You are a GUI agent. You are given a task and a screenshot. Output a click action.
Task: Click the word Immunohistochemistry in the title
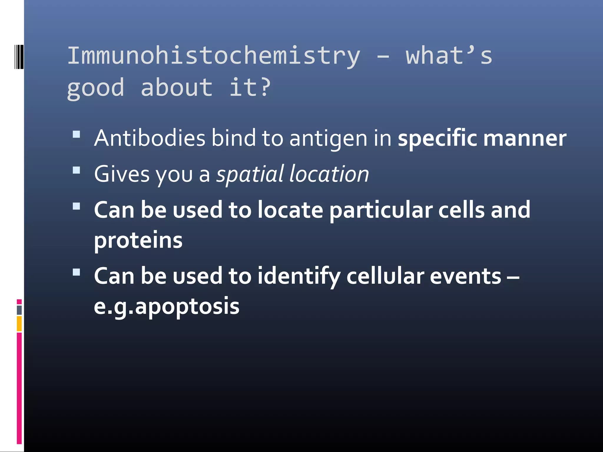(x=214, y=56)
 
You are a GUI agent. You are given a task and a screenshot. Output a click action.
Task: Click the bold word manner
(x=525, y=138)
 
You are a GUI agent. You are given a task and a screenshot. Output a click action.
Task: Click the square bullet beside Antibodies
(x=76, y=134)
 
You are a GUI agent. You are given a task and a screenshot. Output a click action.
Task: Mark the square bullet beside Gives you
(x=76, y=170)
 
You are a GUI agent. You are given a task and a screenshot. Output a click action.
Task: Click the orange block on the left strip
(x=19, y=324)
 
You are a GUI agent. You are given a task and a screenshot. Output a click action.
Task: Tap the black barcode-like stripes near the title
(x=19, y=56)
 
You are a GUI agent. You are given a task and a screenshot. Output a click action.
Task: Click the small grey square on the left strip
(x=19, y=310)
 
